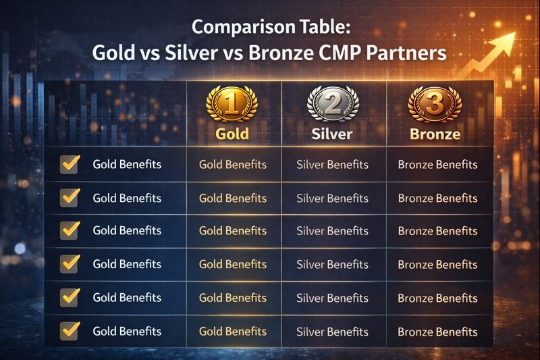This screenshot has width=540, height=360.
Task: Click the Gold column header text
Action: coord(232,134)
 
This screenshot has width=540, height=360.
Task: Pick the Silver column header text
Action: coord(332,134)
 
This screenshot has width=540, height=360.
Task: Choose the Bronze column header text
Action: coord(435,134)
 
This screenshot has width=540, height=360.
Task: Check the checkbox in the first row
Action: coord(70,164)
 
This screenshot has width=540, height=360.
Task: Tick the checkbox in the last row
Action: coord(70,331)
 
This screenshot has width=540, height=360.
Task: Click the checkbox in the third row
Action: coord(70,230)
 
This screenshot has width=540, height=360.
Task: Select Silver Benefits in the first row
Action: coord(333,165)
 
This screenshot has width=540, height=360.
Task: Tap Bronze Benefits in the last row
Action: coord(437,332)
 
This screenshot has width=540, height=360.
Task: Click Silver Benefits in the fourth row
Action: coord(333,265)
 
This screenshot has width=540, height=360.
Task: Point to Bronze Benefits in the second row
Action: coord(437,199)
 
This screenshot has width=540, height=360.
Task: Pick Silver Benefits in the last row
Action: coord(333,332)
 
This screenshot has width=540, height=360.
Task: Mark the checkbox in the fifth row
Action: coord(70,297)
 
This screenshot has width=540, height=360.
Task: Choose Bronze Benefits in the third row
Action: coord(437,231)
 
